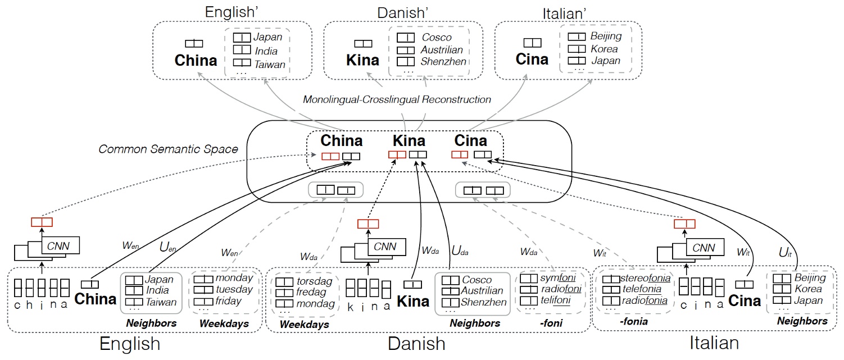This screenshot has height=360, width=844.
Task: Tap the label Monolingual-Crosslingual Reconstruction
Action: point(397,99)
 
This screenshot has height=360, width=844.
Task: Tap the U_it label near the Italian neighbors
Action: point(784,253)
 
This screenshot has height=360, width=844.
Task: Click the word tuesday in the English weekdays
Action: point(234,289)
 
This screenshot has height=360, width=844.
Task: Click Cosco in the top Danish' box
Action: point(437,38)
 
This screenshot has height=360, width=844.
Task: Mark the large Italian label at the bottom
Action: point(714,343)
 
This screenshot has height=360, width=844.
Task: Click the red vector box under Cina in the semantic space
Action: point(459,154)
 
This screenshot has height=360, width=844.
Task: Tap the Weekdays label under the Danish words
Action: point(304,324)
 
